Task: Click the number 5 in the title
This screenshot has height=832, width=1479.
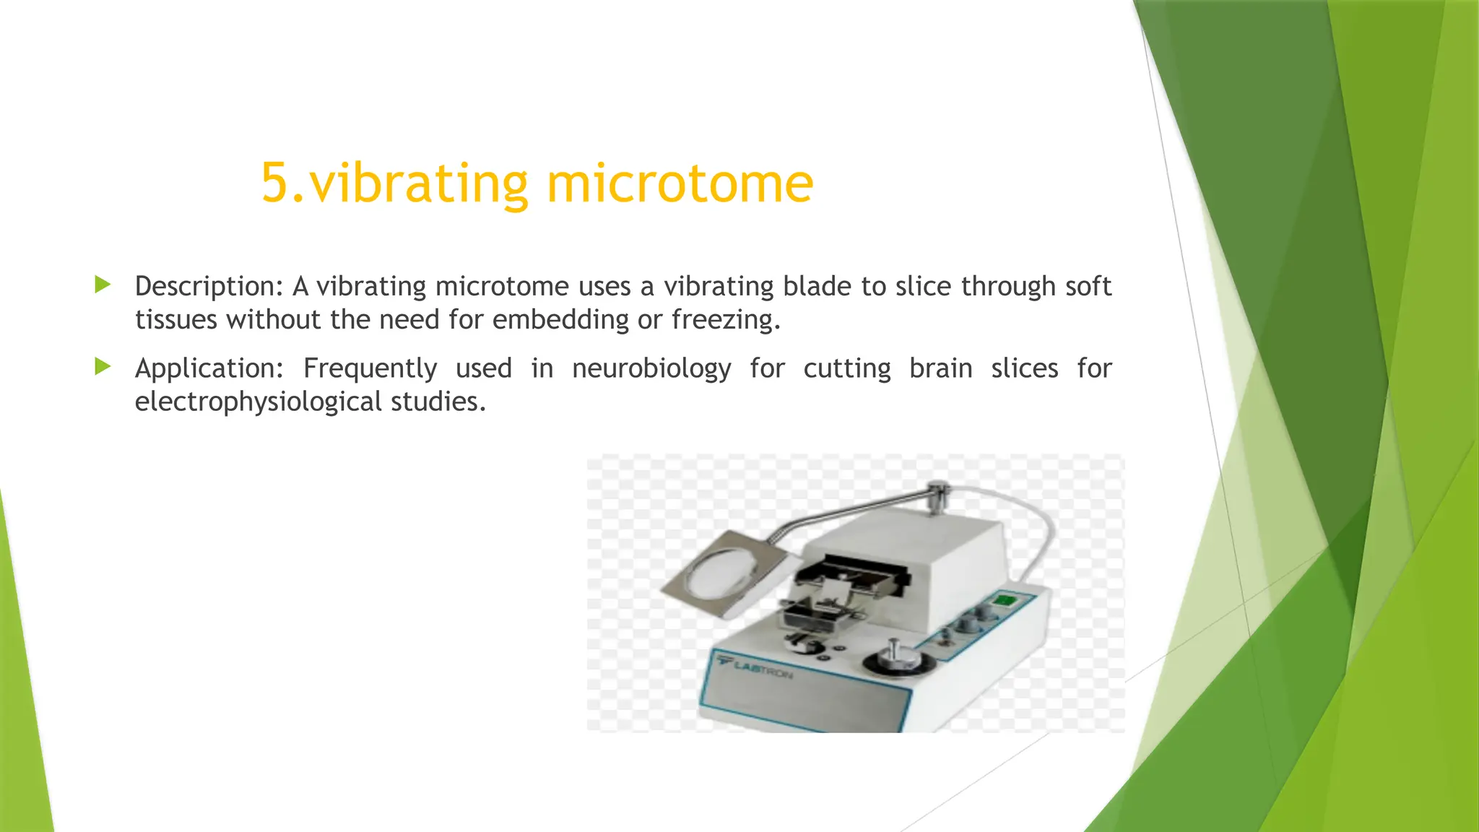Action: tap(274, 183)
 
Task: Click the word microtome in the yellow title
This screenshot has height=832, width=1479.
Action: tap(680, 183)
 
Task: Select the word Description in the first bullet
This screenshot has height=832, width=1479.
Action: tap(204, 287)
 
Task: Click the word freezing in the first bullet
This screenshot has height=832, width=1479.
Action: tap(724, 320)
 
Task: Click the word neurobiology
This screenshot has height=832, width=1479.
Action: tap(651, 369)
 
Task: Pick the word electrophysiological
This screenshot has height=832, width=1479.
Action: tap(258, 402)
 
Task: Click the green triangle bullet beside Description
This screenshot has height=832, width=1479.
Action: tap(103, 285)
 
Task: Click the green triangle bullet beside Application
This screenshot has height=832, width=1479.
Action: tap(103, 367)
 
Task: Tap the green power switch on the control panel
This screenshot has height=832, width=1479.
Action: tap(1005, 600)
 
